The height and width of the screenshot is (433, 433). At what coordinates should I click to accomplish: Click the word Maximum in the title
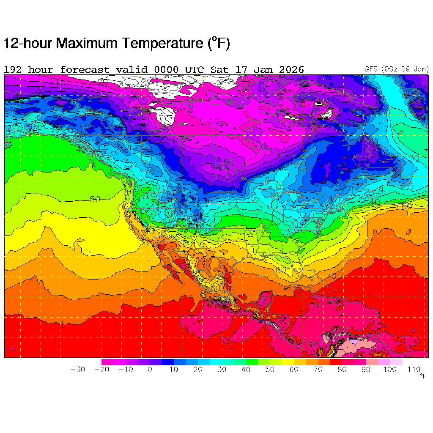pyautogui.click(x=88, y=43)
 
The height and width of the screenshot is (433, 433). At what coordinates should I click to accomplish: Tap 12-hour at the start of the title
pyautogui.click(x=28, y=43)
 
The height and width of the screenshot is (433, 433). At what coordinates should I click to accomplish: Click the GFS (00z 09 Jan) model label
pyautogui.click(x=396, y=69)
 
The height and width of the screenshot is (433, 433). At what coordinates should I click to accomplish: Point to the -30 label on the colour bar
pyautogui.click(x=77, y=370)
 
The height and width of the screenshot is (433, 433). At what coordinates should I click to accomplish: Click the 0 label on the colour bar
pyautogui.click(x=150, y=370)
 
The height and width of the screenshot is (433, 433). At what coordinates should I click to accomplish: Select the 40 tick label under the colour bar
pyautogui.click(x=246, y=370)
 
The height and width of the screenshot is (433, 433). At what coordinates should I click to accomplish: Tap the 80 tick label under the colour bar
pyautogui.click(x=342, y=370)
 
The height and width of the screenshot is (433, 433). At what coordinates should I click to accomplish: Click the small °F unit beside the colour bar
pyautogui.click(x=423, y=375)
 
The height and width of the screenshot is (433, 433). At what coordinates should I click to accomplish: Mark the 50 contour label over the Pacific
pyautogui.click(x=95, y=199)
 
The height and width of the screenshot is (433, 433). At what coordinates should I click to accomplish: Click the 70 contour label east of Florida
pyautogui.click(x=331, y=276)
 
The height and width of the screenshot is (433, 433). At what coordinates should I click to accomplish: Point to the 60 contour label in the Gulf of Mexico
pyautogui.click(x=281, y=270)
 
